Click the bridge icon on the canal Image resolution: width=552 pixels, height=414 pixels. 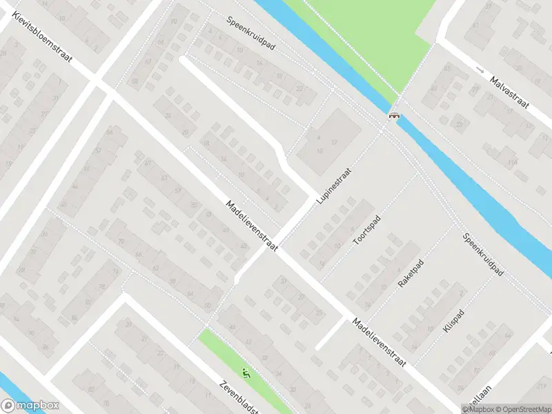click(395, 116)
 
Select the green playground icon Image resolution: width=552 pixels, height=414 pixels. click(246, 374)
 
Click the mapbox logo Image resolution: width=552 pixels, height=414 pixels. click(30, 406)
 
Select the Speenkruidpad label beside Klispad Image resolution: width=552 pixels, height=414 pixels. click(484, 255)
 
